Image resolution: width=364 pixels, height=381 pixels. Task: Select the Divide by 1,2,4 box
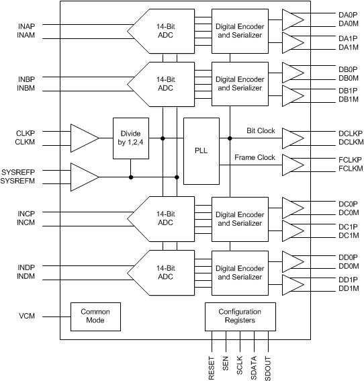130,138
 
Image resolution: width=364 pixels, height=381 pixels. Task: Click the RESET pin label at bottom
211,368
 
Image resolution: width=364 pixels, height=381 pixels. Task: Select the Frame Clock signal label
256,158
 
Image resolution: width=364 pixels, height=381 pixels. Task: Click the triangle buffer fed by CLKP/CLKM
84,138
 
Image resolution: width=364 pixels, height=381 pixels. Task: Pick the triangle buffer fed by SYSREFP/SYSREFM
84,177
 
